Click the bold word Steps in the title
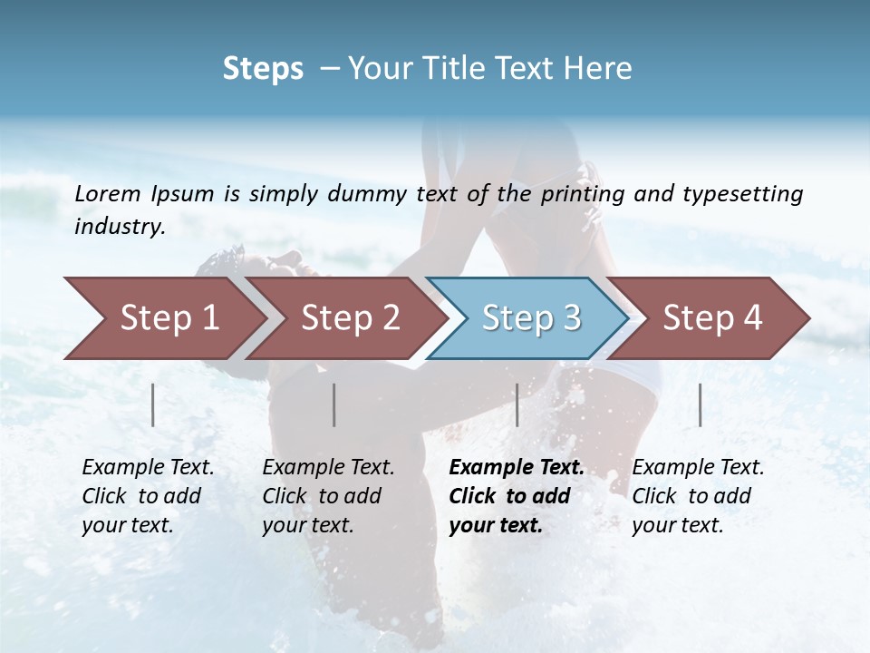click(263, 69)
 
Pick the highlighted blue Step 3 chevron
click(531, 318)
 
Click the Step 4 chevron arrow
click(712, 318)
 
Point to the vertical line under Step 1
click(153, 404)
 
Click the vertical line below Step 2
click(334, 404)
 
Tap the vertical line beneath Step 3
click(517, 404)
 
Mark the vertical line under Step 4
click(701, 404)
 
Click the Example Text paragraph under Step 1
click(148, 496)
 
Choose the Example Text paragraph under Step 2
click(328, 496)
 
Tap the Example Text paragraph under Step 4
click(698, 496)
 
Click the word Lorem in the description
click(108, 194)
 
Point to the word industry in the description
click(120, 228)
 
